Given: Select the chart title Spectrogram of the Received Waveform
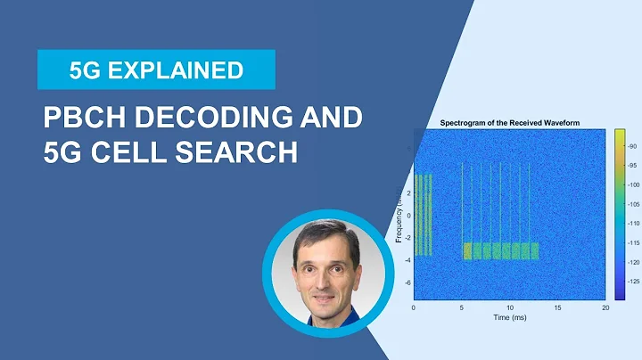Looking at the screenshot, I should (508, 122).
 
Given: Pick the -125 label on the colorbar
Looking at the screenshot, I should (634, 281).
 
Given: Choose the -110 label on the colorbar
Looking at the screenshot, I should (634, 223).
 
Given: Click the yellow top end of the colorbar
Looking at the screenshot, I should (619, 133).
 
